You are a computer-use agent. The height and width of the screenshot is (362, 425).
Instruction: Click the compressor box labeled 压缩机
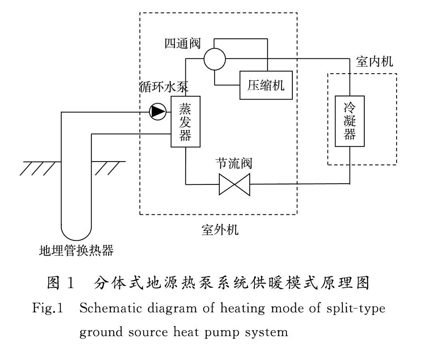tap(266, 85)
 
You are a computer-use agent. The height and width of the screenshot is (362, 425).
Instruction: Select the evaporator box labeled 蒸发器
tap(185, 122)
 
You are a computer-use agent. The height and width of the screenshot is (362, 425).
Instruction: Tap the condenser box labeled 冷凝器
tap(350, 121)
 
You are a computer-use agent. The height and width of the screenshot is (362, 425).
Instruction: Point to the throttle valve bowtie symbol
tap(234, 184)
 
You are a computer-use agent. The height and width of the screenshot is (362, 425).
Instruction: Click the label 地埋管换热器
tap(76, 250)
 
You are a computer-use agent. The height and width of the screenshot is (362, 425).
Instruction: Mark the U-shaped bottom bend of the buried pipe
tap(76, 232)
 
